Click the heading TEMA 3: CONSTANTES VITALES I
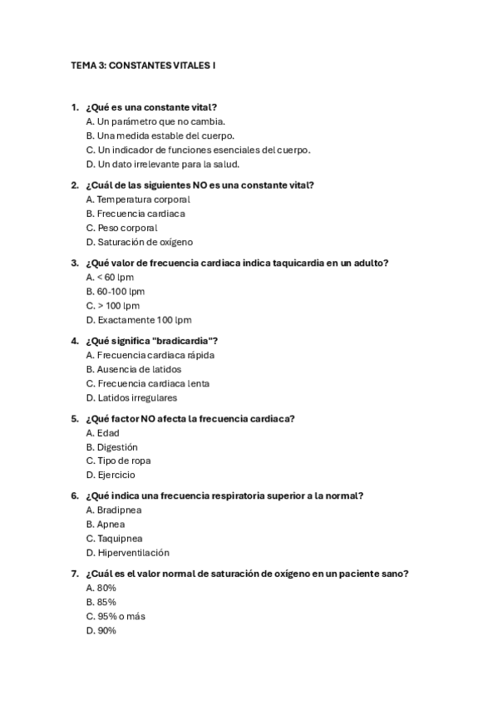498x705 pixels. coord(143,64)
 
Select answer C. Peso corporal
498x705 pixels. coord(121,228)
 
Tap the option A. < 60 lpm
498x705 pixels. coord(110,277)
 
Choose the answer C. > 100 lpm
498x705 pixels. coord(113,306)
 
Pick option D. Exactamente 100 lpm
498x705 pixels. coord(139,320)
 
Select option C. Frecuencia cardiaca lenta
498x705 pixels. coord(147,384)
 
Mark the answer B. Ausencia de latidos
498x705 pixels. coord(133,369)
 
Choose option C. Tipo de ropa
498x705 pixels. coord(118,461)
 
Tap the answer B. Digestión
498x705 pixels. coord(111,447)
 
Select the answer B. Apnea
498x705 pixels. coord(106,525)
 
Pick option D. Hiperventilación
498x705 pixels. coord(127,553)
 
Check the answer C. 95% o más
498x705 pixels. coord(116,617)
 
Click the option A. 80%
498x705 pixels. coord(101,588)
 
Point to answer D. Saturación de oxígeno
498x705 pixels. coord(139,242)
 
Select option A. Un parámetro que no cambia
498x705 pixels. coord(143,121)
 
